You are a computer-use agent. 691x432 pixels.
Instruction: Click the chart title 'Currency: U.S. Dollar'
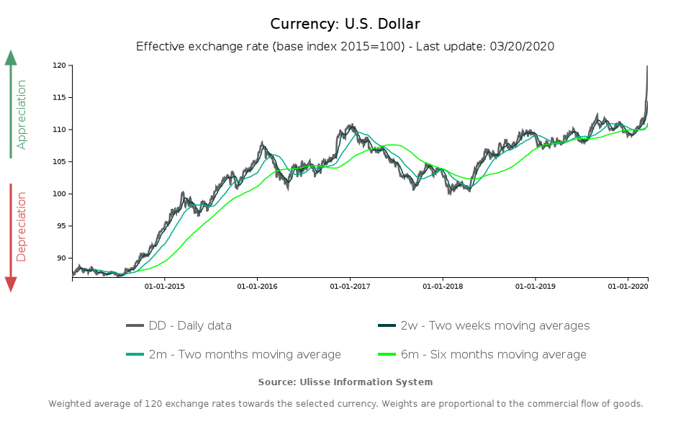pyautogui.click(x=345, y=24)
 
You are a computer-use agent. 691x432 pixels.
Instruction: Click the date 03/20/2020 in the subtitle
pyautogui.click(x=522, y=46)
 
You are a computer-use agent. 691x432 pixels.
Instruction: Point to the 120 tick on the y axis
pyautogui.click(x=59, y=66)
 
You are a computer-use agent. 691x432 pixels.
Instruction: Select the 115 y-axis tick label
pyautogui.click(x=59, y=98)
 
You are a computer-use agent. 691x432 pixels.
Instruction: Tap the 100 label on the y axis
pyautogui.click(x=59, y=194)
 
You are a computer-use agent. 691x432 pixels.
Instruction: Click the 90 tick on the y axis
pyautogui.click(x=60, y=258)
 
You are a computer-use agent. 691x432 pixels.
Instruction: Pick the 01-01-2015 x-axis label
pyautogui.click(x=165, y=287)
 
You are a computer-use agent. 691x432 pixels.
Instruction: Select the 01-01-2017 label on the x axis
pyautogui.click(x=350, y=287)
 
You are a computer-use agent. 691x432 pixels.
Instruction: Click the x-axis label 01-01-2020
pyautogui.click(x=628, y=287)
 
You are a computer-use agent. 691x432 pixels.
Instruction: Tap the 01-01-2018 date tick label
pyautogui.click(x=443, y=287)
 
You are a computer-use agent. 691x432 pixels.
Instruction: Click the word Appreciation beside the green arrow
pyautogui.click(x=22, y=114)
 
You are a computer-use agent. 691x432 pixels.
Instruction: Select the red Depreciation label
pyautogui.click(x=22, y=226)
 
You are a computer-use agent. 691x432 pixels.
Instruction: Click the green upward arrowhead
pyautogui.click(x=11, y=58)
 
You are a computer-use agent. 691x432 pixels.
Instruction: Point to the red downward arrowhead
pyautogui.click(x=11, y=284)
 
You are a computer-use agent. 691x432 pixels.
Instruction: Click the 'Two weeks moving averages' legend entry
pyautogui.click(x=495, y=325)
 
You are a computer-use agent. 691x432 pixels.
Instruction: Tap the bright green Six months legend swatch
pyautogui.click(x=387, y=354)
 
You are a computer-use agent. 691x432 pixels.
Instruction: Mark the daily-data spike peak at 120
pyautogui.click(x=647, y=66)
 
